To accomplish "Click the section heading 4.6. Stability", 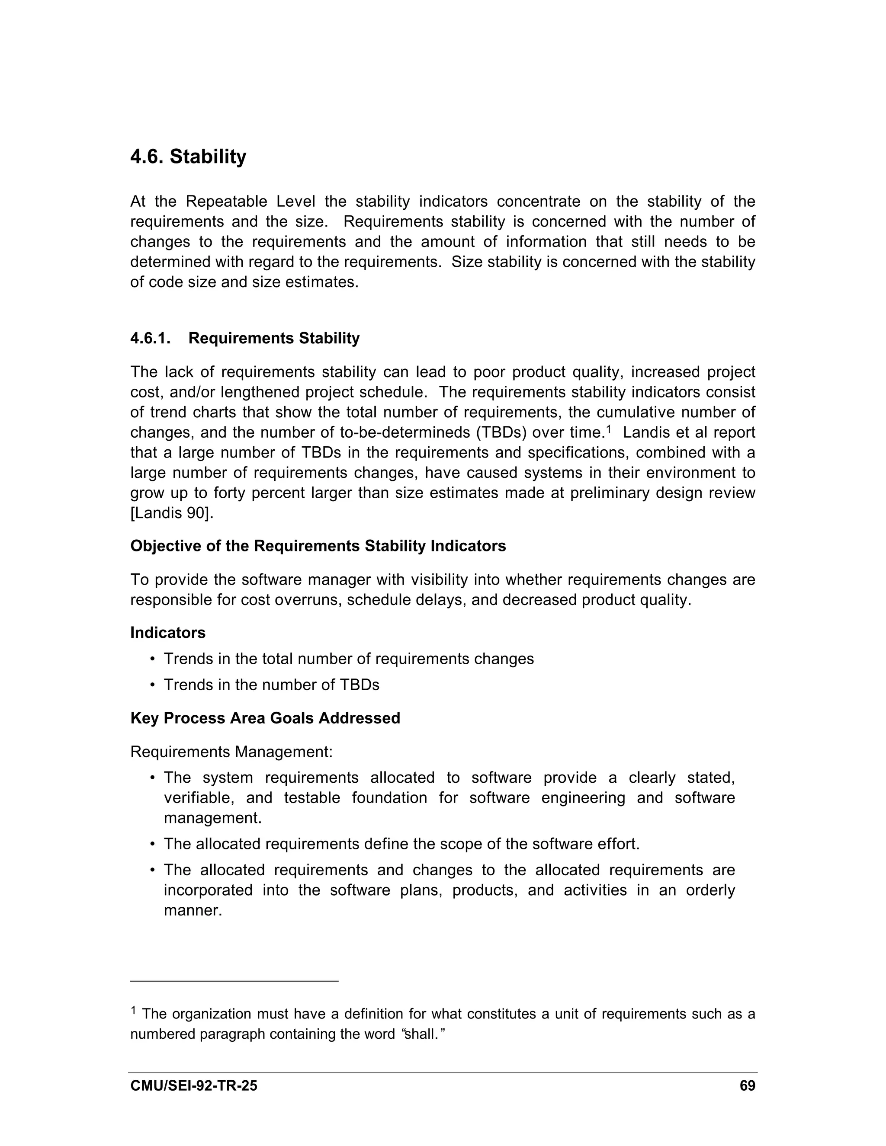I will pos(188,157).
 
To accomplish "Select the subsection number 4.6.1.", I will pos(150,339).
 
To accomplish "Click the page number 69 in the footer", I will pos(747,1085).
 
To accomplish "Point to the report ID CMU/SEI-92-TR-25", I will pos(194,1085).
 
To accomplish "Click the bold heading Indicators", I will pos(167,633).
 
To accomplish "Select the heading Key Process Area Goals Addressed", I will pos(265,718).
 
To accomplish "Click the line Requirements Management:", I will pos(231,752).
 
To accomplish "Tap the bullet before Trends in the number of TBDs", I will pos(152,685).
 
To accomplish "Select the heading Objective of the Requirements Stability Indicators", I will pos(318,546).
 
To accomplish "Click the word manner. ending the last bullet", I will pos(193,910).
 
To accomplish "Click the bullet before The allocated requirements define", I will pos(152,844).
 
